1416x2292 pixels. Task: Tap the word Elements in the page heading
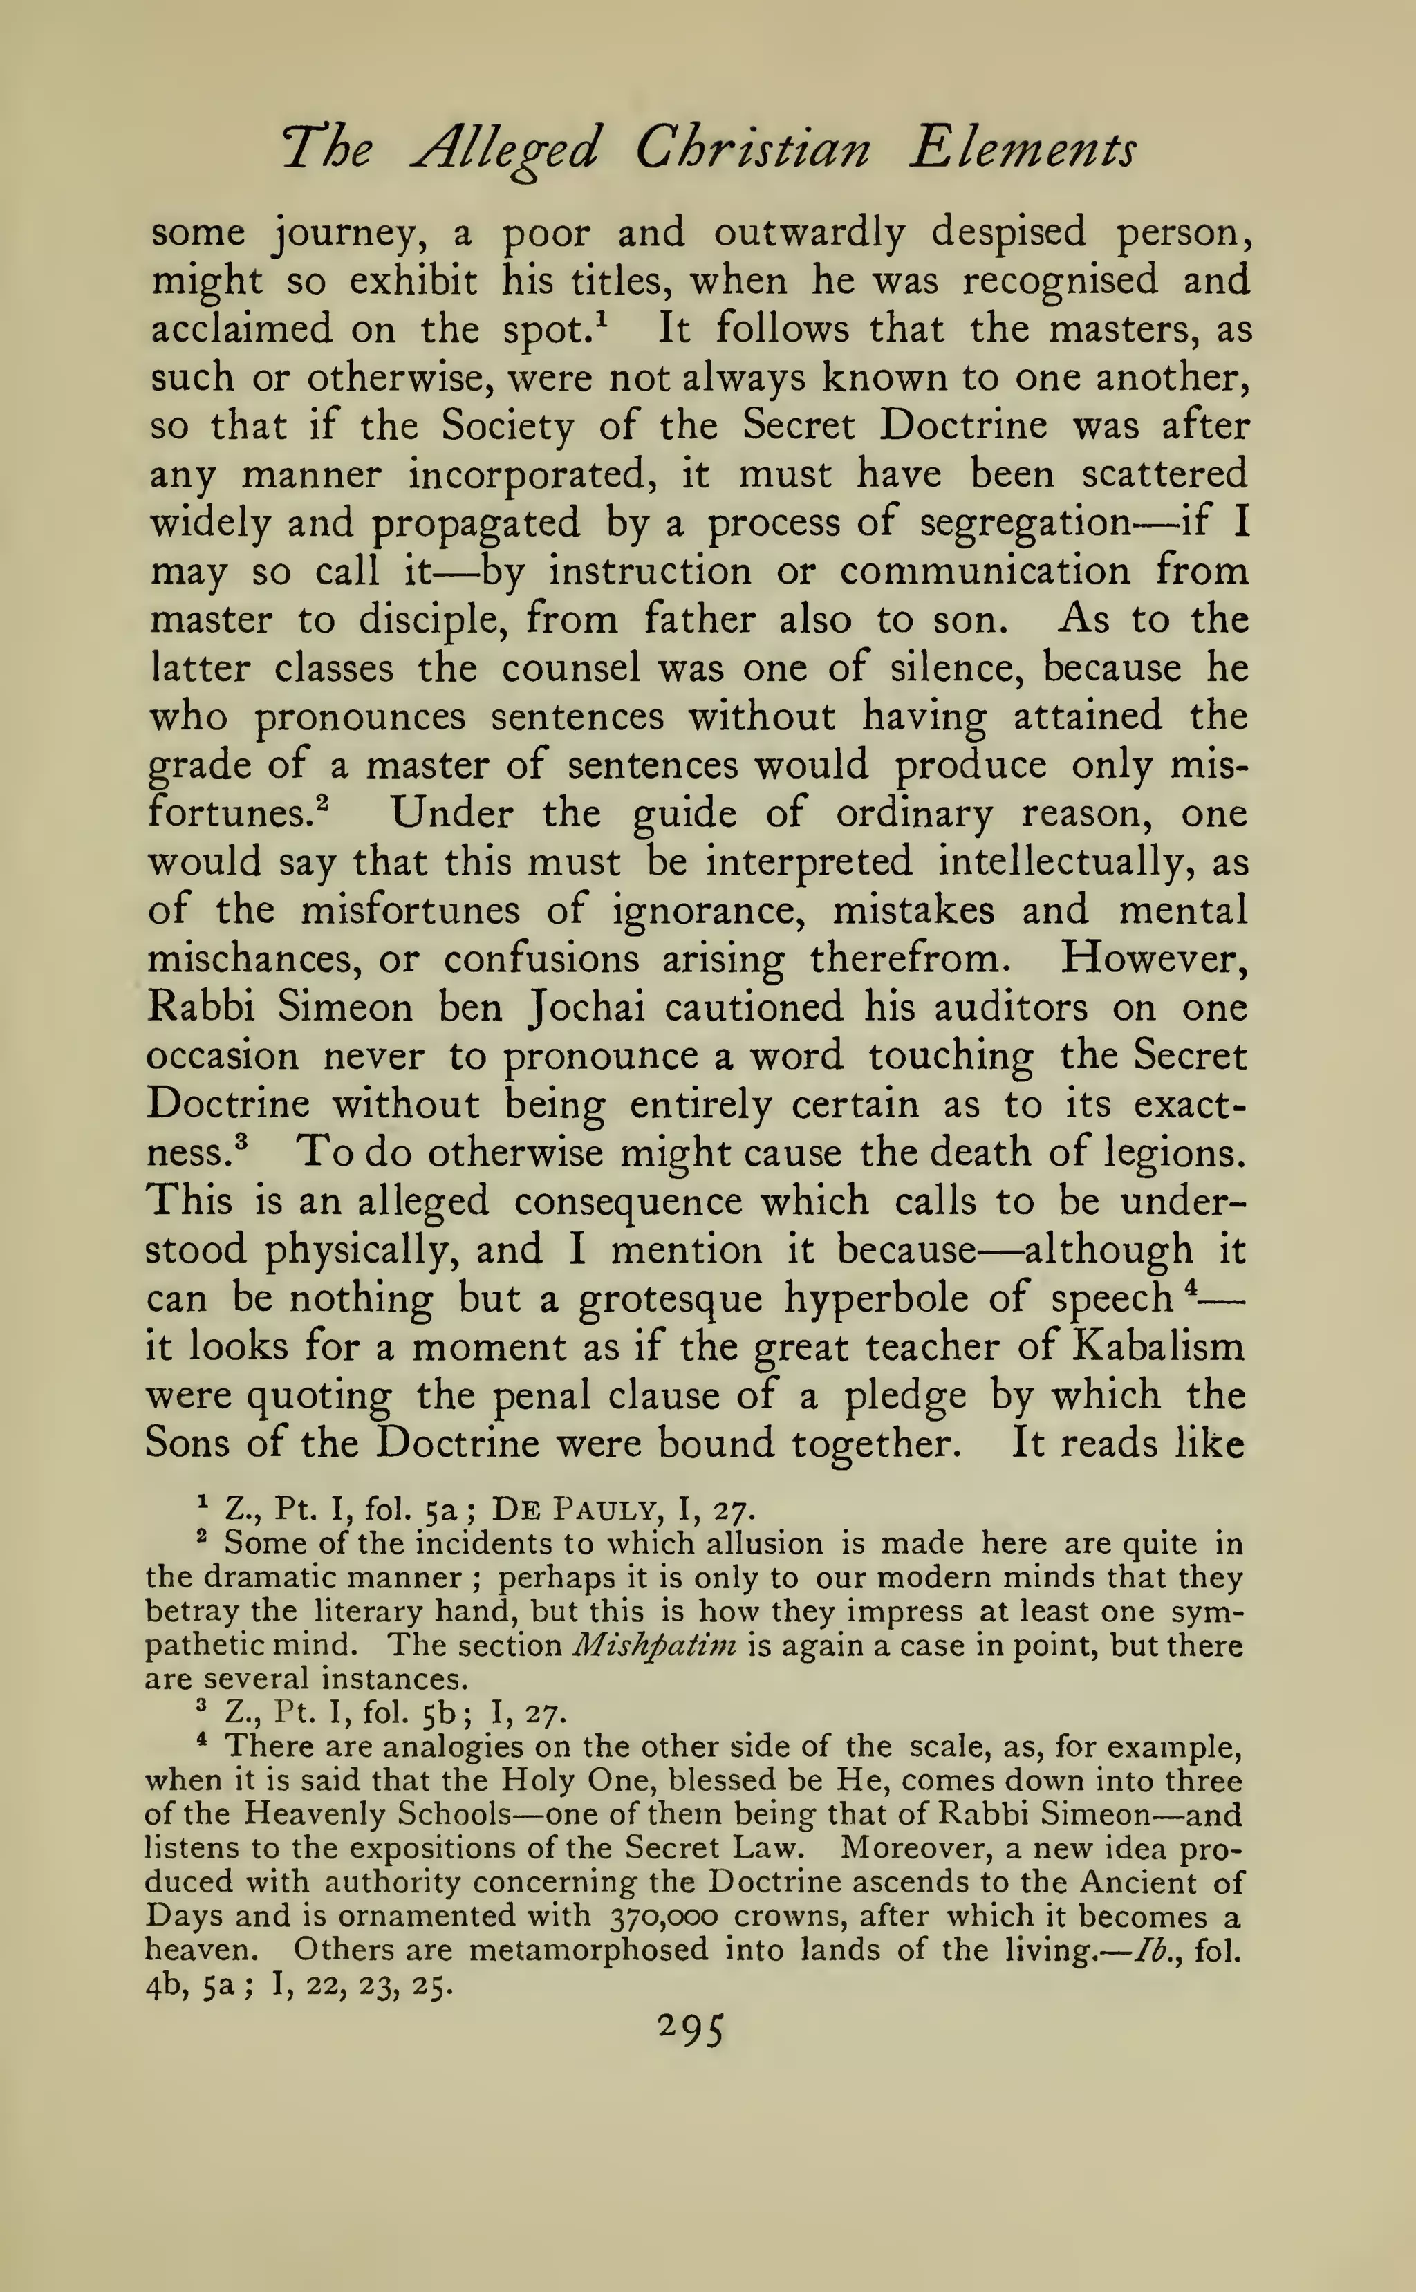(1023, 149)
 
